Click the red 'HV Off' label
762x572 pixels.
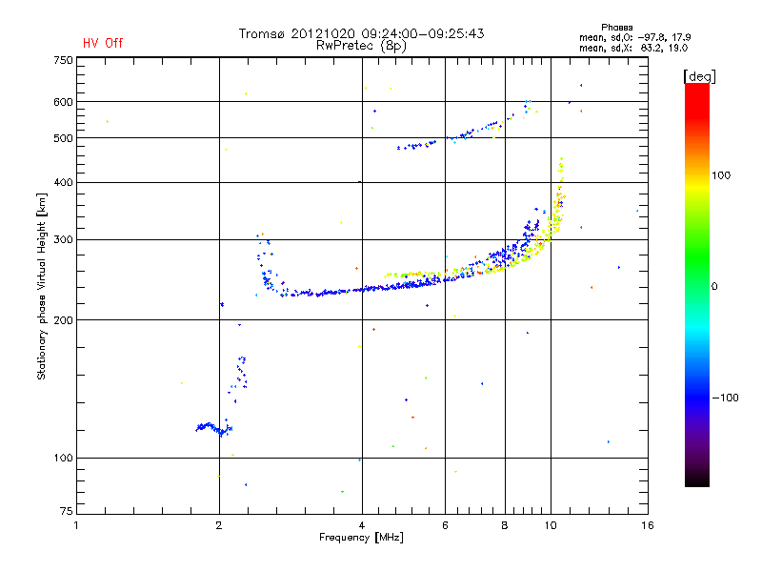tap(102, 43)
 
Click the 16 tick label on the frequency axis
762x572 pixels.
tap(647, 525)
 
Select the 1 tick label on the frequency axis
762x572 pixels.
tap(77, 525)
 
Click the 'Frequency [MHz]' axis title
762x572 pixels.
tap(361, 539)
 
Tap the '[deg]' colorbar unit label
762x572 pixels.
tap(699, 75)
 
